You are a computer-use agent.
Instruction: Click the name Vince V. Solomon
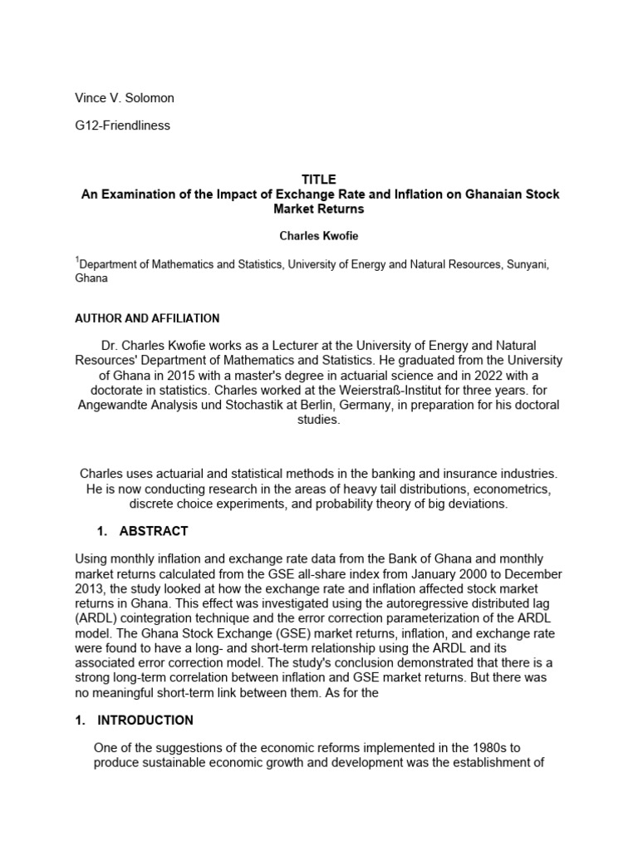[x=125, y=98]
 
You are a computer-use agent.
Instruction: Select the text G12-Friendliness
[x=123, y=126]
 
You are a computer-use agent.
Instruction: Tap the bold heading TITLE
[x=320, y=180]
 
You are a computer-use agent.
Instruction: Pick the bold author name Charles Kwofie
[x=320, y=236]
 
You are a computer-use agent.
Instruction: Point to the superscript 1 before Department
[x=78, y=260]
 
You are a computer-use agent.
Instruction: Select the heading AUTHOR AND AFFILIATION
[x=147, y=318]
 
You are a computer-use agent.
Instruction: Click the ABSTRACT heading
[x=154, y=531]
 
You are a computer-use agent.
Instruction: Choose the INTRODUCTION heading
[x=145, y=721]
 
